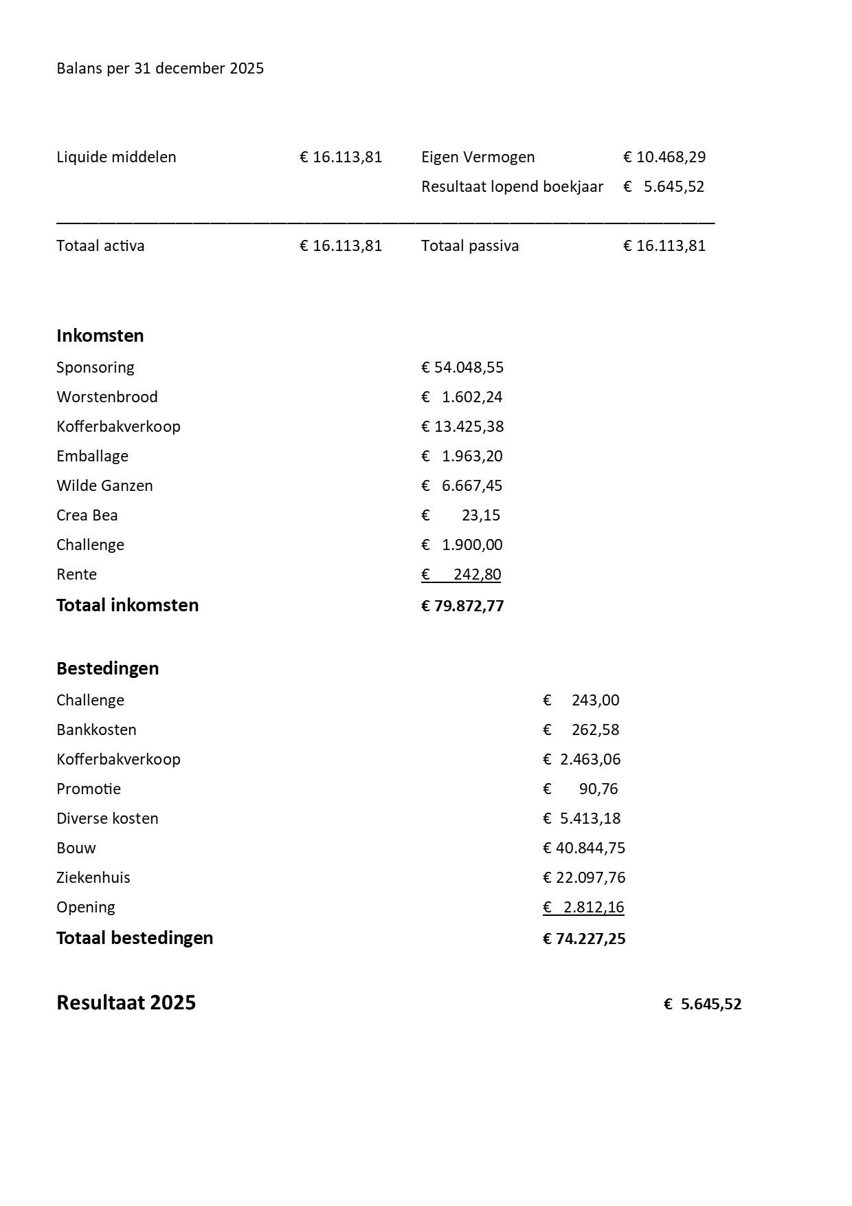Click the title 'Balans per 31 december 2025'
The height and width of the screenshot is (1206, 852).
pos(160,69)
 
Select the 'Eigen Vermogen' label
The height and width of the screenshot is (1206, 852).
pos(478,157)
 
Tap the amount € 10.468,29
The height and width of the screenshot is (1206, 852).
pos(664,157)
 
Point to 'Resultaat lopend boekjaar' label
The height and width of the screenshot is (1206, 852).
pos(512,187)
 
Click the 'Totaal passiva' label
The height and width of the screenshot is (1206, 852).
pos(470,246)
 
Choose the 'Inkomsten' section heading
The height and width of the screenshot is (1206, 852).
pos(100,336)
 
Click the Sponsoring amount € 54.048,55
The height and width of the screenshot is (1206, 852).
pos(462,368)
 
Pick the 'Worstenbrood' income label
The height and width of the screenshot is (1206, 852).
pos(107,397)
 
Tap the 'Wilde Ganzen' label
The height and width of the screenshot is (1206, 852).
pos(104,486)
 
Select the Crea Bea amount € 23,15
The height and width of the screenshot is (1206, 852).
pos(462,516)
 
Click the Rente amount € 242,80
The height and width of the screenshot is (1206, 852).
pos(462,575)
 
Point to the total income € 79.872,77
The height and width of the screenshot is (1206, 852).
pos(462,606)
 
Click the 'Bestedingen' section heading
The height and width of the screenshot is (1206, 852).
pos(108,669)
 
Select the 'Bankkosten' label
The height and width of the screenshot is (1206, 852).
pos(96,730)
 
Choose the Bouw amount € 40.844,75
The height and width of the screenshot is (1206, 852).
pos(584,848)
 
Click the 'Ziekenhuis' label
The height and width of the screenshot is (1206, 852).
pos(93,878)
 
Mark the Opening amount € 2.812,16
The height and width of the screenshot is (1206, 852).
pos(584,908)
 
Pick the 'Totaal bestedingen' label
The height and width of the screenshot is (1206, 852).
pos(135,939)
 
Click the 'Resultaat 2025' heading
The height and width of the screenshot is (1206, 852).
pos(126,1003)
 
